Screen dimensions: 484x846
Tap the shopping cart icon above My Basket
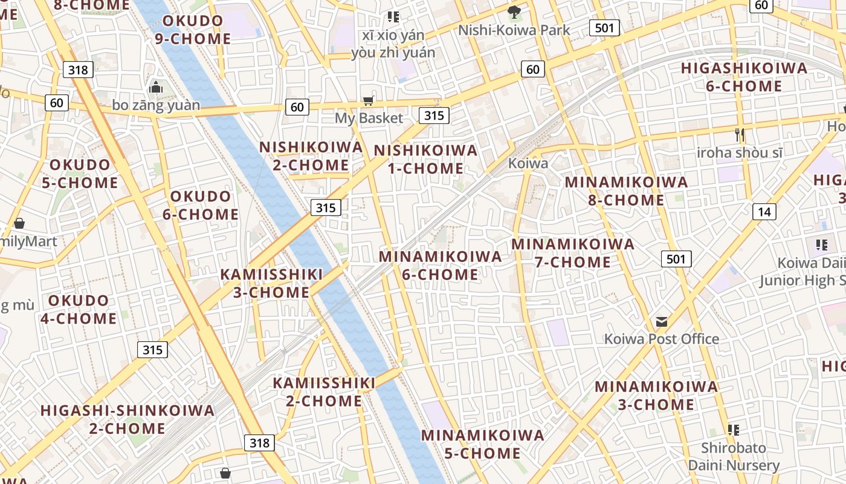(368, 100)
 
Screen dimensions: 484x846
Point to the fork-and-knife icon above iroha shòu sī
(740, 134)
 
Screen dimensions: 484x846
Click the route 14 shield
(764, 211)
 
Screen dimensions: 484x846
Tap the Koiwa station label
(528, 163)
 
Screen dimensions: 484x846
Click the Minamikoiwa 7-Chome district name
(573, 253)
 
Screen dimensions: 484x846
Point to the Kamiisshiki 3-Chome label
(271, 283)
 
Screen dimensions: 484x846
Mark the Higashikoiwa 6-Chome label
(744, 77)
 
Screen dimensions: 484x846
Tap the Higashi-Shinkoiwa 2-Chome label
(128, 419)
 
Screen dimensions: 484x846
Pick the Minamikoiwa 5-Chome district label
(482, 444)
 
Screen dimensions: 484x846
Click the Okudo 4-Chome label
(79, 309)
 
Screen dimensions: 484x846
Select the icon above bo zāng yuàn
(156, 87)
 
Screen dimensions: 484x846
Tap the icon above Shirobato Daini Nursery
(734, 430)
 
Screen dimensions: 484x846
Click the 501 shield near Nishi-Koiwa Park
(604, 27)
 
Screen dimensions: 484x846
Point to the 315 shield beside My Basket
(434, 115)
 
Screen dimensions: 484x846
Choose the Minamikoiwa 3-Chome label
(656, 395)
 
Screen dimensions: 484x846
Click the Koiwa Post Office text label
(662, 339)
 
